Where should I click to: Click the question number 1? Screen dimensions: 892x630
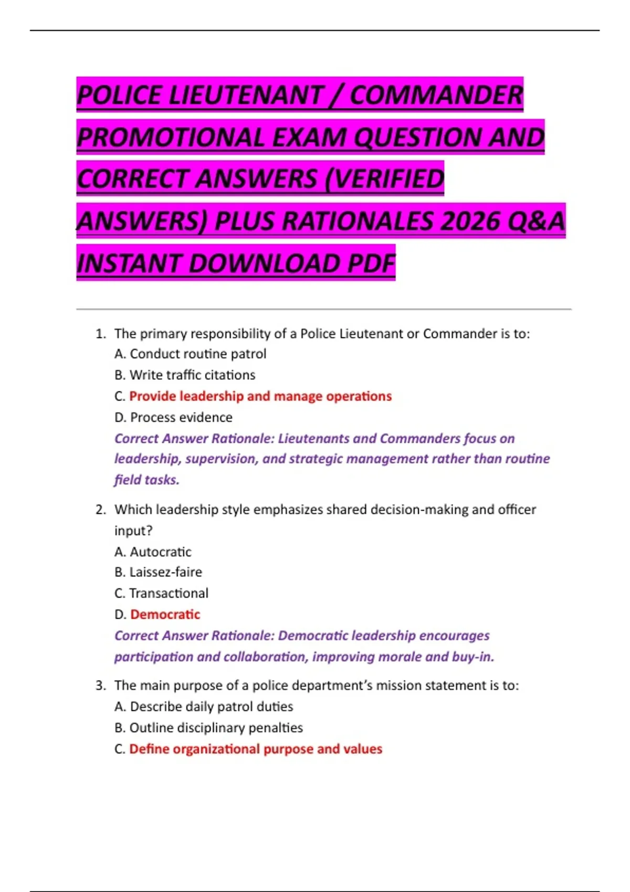point(100,334)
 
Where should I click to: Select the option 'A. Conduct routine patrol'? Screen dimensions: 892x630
point(190,354)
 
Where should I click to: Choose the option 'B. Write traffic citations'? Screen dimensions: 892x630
point(185,375)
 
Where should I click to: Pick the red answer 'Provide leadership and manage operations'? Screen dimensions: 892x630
point(260,396)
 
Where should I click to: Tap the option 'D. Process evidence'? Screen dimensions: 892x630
point(173,418)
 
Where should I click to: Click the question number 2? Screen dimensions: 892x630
point(100,509)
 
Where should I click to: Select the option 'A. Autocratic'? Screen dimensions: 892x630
point(153,552)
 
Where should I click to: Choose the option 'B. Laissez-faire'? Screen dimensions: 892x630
point(158,572)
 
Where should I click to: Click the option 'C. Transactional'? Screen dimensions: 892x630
point(161,593)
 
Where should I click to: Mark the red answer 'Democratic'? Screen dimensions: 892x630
point(165,614)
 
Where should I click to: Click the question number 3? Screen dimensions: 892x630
point(100,686)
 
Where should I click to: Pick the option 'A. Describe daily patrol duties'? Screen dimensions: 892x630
point(204,707)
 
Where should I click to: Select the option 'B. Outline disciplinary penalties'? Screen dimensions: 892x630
point(208,728)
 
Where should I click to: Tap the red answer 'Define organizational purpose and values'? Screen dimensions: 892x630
point(256,749)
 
